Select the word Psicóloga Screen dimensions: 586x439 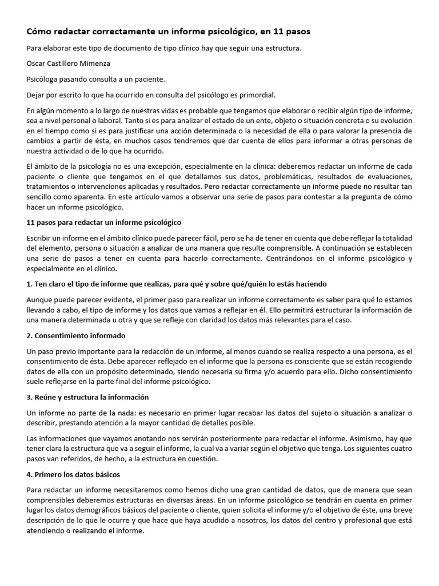tap(44, 79)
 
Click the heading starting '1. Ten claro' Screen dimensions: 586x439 tap(177, 284)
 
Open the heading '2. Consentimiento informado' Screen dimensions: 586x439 tap(76, 335)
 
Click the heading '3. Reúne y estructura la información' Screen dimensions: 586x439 tap(87, 397)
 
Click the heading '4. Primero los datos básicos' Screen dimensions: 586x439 tap(73, 474)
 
